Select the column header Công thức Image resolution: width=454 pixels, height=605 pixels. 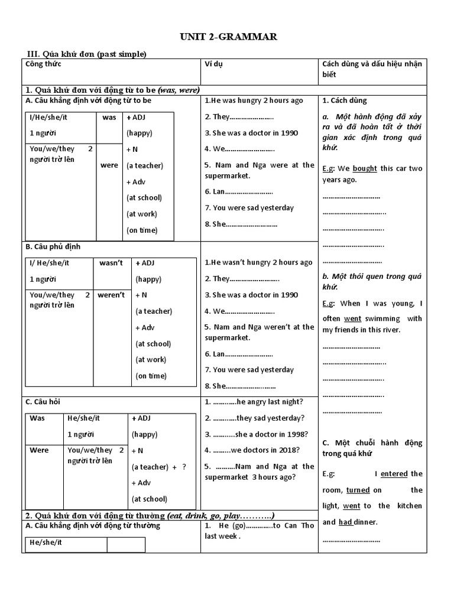tap(43, 64)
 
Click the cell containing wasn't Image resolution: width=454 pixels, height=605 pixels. tap(111, 263)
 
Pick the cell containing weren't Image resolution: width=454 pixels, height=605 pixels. tap(111, 295)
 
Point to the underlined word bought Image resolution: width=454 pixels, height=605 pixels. tap(365, 168)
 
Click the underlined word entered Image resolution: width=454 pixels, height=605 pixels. tap(394, 474)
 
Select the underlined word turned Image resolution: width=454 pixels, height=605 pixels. tap(358, 490)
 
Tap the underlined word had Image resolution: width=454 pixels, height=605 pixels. tap(346, 522)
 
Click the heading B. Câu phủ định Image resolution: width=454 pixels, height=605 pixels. tap(53, 246)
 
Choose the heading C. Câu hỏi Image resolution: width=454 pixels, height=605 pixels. tap(43, 402)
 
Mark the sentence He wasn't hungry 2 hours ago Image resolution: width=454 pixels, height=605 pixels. tap(258, 263)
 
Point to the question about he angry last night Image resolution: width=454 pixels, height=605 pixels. tap(254, 402)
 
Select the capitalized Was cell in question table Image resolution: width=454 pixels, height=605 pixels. tap(37, 418)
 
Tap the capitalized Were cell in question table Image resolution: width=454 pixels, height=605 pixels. tap(39, 450)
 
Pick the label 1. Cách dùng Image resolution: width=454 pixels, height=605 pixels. tap(345, 100)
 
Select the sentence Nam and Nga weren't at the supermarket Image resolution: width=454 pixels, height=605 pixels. tap(259, 332)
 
